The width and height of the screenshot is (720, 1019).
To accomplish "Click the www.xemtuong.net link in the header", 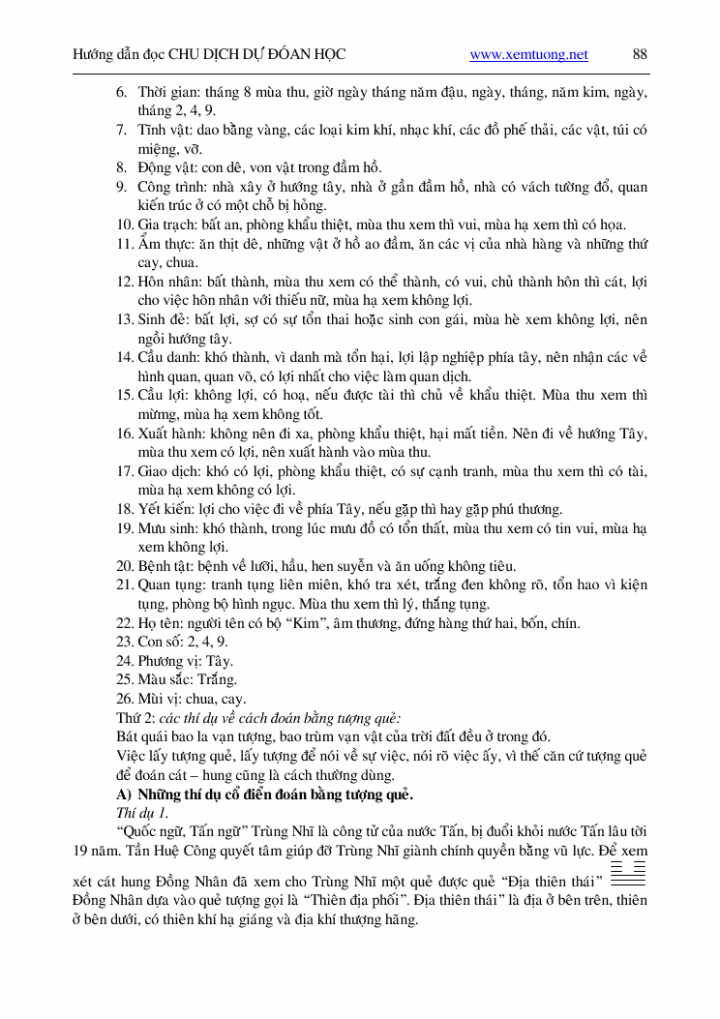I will coord(528,55).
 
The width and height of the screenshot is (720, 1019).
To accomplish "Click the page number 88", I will coord(640,55).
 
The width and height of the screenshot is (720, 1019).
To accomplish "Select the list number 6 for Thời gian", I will coord(121,93).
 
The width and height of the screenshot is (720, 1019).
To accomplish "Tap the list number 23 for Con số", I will coord(125,642).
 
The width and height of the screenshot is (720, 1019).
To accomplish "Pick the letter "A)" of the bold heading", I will coord(124,794).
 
